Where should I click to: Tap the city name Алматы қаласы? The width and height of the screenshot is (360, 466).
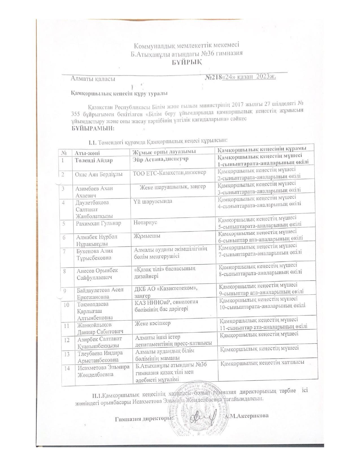click(93, 79)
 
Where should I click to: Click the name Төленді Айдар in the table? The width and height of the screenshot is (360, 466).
click(94, 160)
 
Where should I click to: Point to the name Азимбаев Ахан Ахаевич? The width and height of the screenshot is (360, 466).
click(94, 192)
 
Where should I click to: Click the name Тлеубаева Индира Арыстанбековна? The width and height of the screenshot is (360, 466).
click(100, 356)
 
